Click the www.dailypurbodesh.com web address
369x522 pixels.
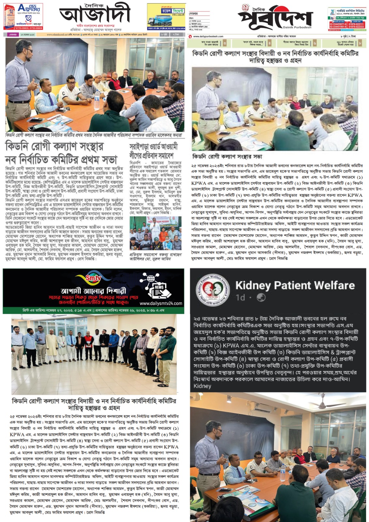coord(206,36)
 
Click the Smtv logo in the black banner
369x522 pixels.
coord(94,278)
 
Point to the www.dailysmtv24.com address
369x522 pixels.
coord(161,303)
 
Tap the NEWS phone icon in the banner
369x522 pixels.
coord(159,287)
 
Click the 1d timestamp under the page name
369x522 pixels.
coord(240,298)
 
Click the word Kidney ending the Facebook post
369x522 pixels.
coord(202,386)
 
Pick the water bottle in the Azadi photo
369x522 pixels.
coord(97,95)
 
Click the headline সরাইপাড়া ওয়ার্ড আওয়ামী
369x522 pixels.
coord(153,146)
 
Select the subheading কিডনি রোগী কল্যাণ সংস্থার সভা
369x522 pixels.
coord(227,157)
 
